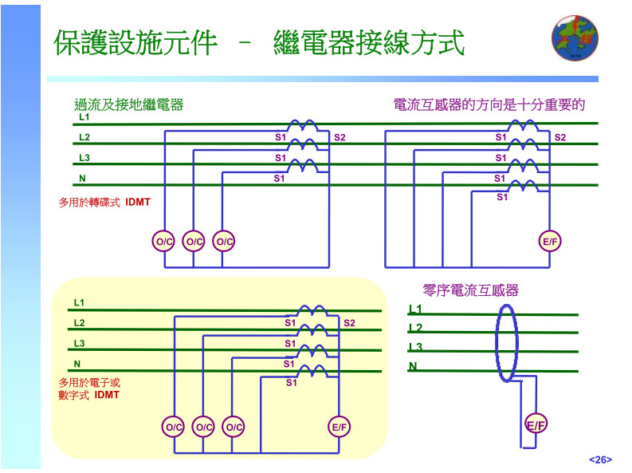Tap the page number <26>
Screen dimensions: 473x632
[600, 459]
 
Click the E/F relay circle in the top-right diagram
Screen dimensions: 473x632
[551, 241]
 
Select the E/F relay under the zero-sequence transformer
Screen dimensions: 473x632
[536, 425]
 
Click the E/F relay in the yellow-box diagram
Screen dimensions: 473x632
[340, 427]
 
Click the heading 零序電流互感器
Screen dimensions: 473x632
[470, 290]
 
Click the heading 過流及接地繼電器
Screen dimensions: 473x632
[128, 104]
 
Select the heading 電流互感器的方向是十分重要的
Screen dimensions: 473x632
[489, 104]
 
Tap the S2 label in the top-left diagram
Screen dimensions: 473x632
[340, 138]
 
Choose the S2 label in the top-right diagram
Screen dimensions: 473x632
[560, 138]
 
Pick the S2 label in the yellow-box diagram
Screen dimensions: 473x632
[349, 323]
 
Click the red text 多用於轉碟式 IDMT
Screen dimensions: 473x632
[104, 203]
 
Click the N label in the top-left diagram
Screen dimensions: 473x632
[82, 178]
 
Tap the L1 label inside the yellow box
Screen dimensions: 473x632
[79, 303]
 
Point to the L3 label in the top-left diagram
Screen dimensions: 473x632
[84, 158]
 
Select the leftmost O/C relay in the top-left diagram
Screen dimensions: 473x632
[163, 241]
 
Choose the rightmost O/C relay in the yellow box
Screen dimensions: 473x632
[234, 427]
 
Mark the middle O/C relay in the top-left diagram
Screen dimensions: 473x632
[194, 241]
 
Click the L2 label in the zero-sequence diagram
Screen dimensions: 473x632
[415, 328]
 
